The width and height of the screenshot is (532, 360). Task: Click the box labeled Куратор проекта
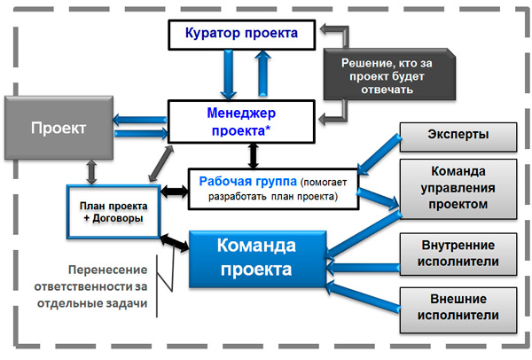coord(241,35)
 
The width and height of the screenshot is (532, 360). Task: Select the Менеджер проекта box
coord(241,121)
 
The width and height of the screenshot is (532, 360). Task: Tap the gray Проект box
coord(59,128)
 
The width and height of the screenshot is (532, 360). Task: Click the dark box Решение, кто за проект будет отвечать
coord(389,74)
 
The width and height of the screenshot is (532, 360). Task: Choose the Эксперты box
coord(458,137)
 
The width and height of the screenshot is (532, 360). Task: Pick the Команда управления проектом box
coord(458,189)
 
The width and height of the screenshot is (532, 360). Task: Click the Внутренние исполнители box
coord(458,254)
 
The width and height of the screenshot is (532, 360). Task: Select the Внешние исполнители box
coord(458,310)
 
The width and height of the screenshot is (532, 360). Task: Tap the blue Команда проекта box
coord(257,259)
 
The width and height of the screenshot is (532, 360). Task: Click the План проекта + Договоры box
coord(113,212)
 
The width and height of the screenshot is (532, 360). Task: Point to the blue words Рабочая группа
coord(247,182)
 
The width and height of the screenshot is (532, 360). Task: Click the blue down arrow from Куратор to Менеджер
coord(228,74)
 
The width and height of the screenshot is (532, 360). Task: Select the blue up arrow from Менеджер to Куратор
coord(263,74)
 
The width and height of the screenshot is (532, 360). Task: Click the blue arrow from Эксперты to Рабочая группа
coord(379,154)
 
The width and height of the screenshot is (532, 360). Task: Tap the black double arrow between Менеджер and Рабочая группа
coord(253,156)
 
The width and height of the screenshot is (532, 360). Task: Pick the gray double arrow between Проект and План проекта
coord(91,172)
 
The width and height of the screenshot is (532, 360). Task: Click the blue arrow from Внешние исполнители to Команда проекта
coord(363,297)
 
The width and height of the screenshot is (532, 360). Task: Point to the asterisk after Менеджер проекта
coord(268,129)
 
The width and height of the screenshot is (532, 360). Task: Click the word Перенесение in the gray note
coord(108,270)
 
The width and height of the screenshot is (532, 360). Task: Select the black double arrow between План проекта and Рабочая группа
coord(175,192)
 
